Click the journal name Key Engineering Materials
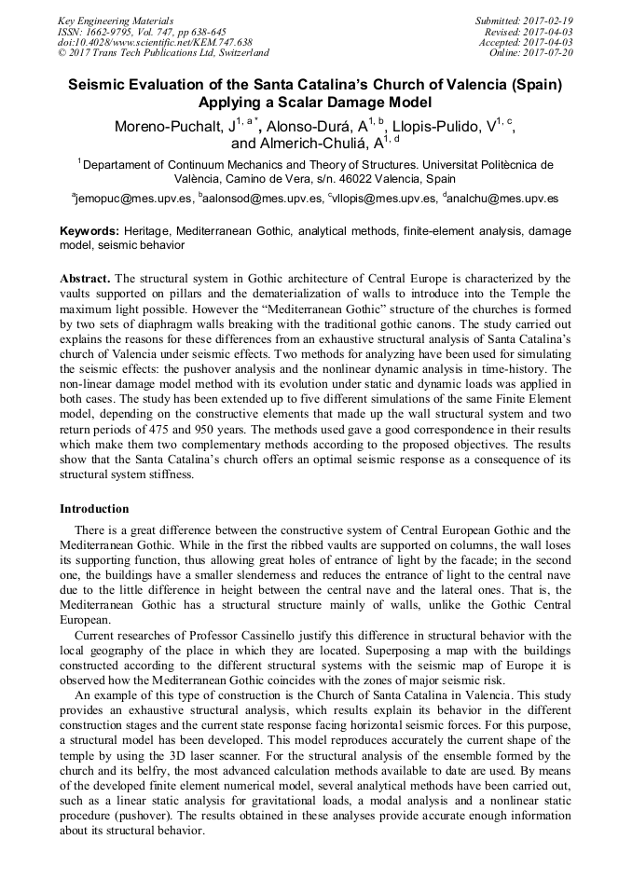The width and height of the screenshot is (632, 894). coord(116,20)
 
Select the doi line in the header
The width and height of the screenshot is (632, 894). coord(154,42)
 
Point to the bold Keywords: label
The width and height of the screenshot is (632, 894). coord(89,230)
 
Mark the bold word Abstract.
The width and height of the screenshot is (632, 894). coord(85,279)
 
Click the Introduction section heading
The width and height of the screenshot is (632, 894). coord(94,509)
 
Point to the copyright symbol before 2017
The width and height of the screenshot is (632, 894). coord(62,53)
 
